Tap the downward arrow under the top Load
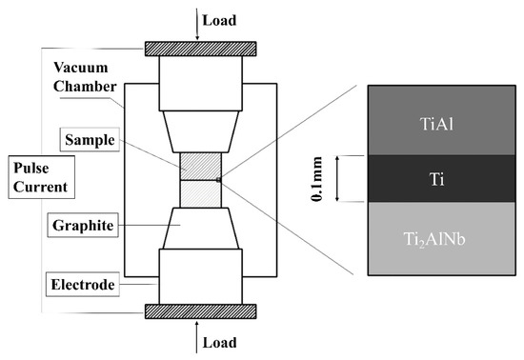(198, 29)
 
